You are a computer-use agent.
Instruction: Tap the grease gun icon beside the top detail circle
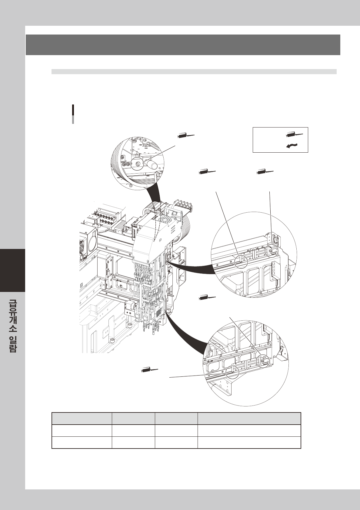[186, 136]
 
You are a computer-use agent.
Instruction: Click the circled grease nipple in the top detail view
[138, 163]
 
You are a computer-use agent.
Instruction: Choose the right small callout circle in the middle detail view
[271, 251]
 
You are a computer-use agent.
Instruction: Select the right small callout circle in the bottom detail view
[262, 361]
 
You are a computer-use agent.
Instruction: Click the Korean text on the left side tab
[12, 326]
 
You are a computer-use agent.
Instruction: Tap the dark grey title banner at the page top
[183, 45]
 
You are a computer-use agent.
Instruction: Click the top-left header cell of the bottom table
[82, 419]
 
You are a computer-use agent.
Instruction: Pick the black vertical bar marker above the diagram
[73, 114]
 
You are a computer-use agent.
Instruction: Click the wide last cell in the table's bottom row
[249, 442]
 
